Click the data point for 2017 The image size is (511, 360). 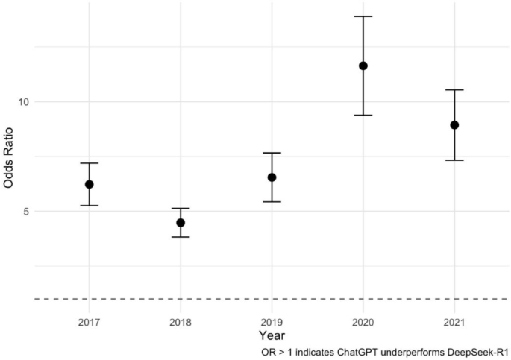89,184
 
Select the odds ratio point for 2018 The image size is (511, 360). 181,222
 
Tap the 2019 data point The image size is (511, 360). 272,177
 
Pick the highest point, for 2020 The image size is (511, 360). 363,66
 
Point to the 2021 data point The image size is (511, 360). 454,125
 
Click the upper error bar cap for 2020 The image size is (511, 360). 363,16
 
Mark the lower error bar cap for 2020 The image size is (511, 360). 363,115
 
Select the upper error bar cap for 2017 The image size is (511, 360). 89,163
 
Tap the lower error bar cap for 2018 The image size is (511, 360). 181,237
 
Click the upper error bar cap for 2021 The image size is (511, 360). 454,90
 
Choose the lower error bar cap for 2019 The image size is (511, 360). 272,201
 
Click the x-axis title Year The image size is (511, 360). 271,336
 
